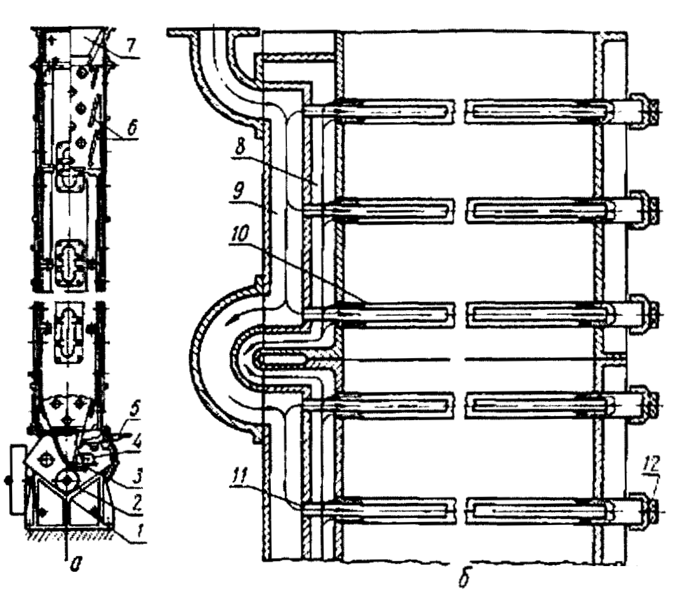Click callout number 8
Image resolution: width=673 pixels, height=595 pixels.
coord(240,146)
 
